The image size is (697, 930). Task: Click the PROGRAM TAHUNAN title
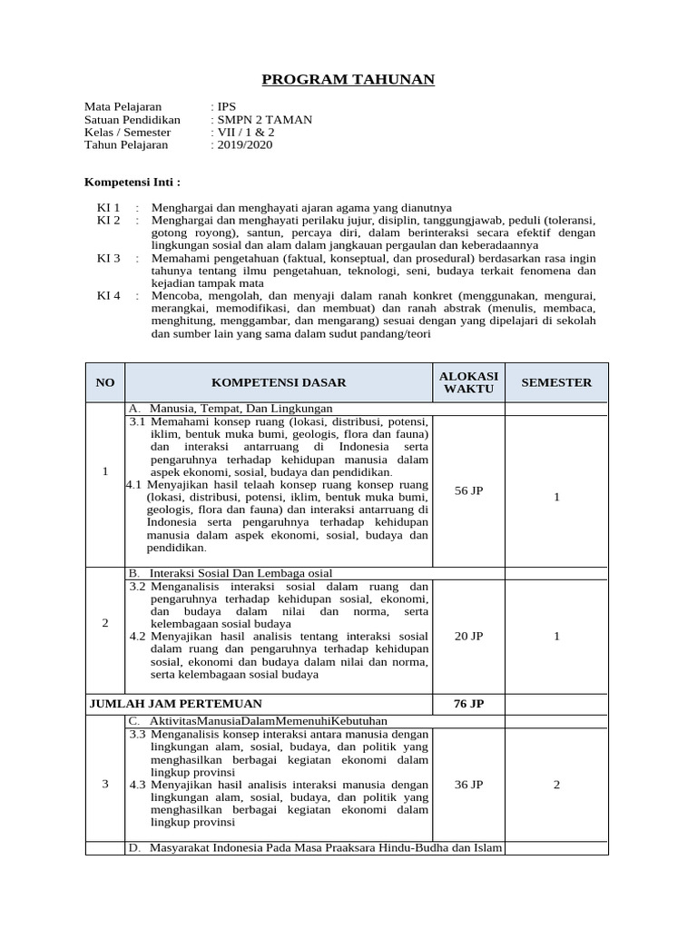pos(348,81)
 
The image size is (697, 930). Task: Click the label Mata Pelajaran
pos(123,106)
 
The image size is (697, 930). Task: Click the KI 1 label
pos(109,207)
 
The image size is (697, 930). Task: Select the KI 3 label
pos(109,258)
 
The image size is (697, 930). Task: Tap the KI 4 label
pos(109,296)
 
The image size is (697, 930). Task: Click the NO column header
pos(105,382)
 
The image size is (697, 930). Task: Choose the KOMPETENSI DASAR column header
pos(279,382)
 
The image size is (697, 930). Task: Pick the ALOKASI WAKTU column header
pos(468,382)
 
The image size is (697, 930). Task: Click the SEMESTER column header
pos(556,382)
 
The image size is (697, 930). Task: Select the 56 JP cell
pos(468,490)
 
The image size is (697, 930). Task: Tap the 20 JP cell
pos(468,636)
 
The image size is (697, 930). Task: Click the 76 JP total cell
pos(468,703)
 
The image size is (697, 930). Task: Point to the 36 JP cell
pos(468,784)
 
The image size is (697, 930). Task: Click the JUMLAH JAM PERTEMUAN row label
pos(176,703)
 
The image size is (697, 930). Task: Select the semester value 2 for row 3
pos(556,784)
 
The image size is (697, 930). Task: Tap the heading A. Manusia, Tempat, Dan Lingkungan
pos(231,409)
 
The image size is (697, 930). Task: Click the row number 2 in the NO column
pos(105,623)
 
